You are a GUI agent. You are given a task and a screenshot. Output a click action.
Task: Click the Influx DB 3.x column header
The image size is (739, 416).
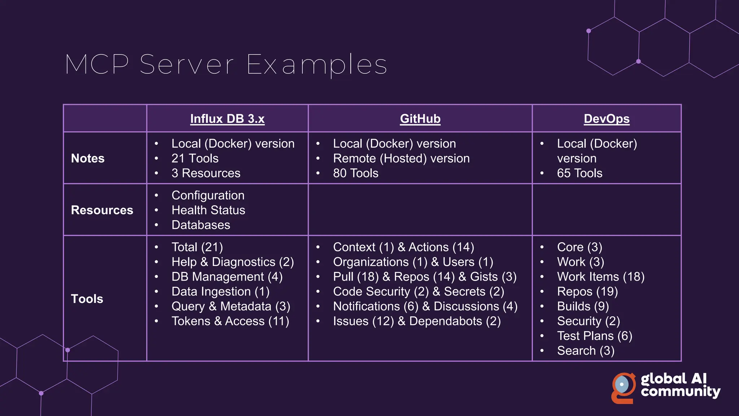(227, 119)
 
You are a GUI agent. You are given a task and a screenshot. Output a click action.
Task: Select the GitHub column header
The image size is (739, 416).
(420, 119)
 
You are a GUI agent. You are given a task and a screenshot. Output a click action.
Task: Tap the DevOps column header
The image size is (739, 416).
(607, 119)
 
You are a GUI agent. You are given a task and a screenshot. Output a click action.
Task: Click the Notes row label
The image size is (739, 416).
(88, 159)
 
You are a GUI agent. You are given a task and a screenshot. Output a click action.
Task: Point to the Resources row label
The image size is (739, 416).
(102, 210)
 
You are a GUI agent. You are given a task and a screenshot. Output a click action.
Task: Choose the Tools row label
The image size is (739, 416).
(87, 299)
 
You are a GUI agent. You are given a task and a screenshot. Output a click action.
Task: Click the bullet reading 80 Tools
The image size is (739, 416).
(355, 173)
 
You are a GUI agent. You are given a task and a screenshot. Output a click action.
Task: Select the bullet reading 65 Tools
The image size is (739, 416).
(580, 173)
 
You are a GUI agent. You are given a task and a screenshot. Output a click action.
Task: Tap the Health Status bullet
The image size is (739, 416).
(208, 210)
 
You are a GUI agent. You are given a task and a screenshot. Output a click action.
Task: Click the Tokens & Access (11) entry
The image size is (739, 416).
(230, 321)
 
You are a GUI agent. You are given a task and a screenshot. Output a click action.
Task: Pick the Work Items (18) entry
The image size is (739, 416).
(600, 277)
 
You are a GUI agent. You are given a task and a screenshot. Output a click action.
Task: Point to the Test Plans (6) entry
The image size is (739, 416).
(594, 336)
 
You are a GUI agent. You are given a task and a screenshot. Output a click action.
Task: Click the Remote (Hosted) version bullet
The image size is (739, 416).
(401, 159)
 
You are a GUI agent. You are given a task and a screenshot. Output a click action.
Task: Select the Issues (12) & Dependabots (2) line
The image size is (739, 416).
(416, 321)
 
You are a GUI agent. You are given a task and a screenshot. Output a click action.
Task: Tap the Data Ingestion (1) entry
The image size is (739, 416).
(220, 292)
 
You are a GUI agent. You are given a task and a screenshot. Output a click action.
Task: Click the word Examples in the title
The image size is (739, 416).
(316, 65)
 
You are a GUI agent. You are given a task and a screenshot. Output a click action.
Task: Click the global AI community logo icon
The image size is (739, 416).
(624, 388)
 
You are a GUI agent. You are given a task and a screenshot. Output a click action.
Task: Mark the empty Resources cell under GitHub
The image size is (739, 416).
(420, 210)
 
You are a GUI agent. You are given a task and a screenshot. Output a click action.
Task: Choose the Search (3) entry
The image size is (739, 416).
(585, 351)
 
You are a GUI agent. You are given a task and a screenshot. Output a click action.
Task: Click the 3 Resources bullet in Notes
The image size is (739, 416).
(206, 173)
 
